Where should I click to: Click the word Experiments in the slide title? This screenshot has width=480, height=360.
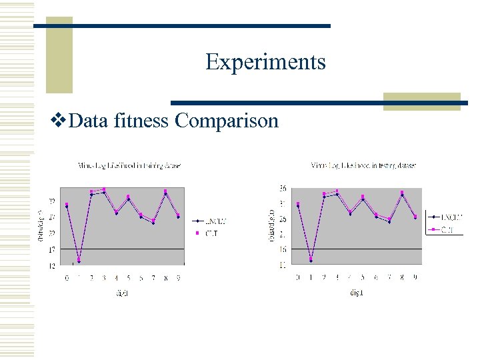pyautogui.click(x=265, y=62)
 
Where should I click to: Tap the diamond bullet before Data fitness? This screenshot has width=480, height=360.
pyautogui.click(x=57, y=121)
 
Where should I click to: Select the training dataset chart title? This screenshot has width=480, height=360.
pyautogui.click(x=129, y=165)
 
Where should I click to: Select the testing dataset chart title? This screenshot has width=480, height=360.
pyautogui.click(x=364, y=165)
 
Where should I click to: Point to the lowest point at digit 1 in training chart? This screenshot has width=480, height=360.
pyautogui.click(x=79, y=261)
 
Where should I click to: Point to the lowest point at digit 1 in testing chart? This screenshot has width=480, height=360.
pyautogui.click(x=311, y=260)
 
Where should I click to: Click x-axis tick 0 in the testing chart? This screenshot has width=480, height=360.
pyautogui.click(x=298, y=276)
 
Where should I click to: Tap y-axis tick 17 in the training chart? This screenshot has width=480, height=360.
pyautogui.click(x=52, y=249)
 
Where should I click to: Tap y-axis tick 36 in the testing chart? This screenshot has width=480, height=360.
pyautogui.click(x=283, y=188)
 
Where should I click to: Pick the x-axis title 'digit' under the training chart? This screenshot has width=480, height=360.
pyautogui.click(x=123, y=293)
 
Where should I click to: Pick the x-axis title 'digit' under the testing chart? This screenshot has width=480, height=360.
pyautogui.click(x=356, y=293)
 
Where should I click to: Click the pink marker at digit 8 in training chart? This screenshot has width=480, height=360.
pyautogui.click(x=165, y=191)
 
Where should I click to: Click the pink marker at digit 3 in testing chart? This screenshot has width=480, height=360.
pyautogui.click(x=337, y=191)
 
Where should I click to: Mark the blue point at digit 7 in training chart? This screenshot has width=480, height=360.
pyautogui.click(x=153, y=223)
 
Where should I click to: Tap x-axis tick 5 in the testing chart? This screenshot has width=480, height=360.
pyautogui.click(x=363, y=276)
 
